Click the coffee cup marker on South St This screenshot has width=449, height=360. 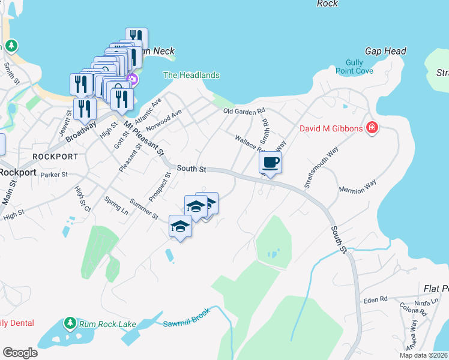point(271,162)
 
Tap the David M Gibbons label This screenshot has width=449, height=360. point(332,128)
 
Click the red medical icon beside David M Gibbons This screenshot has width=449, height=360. point(372,128)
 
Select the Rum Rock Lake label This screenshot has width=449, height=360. point(108,324)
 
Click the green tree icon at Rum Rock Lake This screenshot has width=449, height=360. point(70,323)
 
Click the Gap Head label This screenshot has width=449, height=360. point(386,52)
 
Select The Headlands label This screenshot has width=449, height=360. point(191,75)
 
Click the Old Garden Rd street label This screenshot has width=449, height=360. point(244,112)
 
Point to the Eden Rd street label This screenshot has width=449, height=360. point(376,299)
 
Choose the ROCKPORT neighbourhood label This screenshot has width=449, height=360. point(55,156)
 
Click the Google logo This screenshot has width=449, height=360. point(20,353)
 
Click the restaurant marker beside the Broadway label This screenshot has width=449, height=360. point(85,108)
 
